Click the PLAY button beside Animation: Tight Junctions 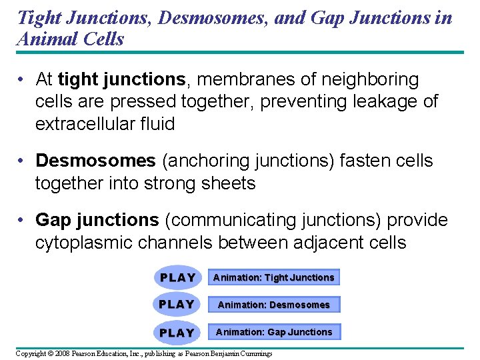point(177,277)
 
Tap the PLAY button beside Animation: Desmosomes point(177,305)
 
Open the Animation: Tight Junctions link point(273,277)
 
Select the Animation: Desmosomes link point(273,305)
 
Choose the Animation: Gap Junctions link point(273,332)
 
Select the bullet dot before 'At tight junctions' point(22,80)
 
